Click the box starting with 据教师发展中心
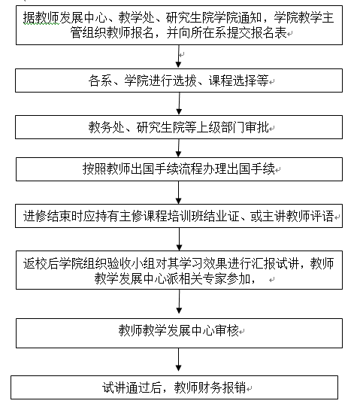pos(179,25)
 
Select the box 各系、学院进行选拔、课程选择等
pos(179,80)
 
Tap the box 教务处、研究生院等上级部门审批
pos(179,127)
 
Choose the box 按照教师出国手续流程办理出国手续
pos(179,169)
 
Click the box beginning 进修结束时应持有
pos(179,216)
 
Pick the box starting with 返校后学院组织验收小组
pos(179,270)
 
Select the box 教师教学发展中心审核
pos(179,333)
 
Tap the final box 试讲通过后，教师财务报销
pos(174,387)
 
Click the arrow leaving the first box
pos(179,56)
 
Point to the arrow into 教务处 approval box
pos(179,104)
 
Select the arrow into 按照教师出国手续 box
pos(179,148)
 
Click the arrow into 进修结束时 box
pos(179,193)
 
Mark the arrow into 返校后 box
pos(179,239)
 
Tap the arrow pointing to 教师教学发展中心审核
pos(179,302)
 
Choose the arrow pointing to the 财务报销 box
pos(179,360)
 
